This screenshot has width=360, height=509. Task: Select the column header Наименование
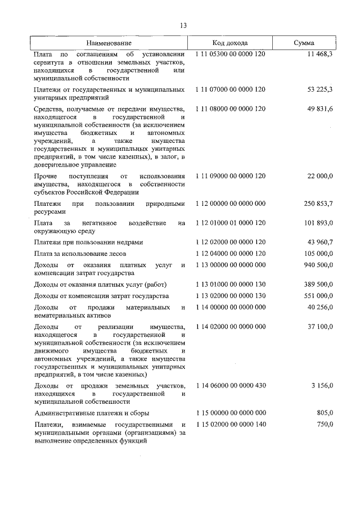pyautogui.click(x=109, y=43)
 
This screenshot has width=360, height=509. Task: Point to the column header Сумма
pyautogui.click(x=304, y=43)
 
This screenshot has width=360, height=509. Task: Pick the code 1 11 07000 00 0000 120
pyautogui.click(x=230, y=89)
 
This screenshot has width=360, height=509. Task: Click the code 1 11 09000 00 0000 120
pyautogui.click(x=230, y=176)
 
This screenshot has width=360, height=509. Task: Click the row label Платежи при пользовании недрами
pyautogui.click(x=88, y=242)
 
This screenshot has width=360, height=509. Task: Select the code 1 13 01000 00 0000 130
pyautogui.click(x=230, y=285)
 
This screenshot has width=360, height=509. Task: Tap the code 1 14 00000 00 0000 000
pyautogui.click(x=230, y=307)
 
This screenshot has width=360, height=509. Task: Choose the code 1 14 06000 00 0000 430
pyautogui.click(x=230, y=385)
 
